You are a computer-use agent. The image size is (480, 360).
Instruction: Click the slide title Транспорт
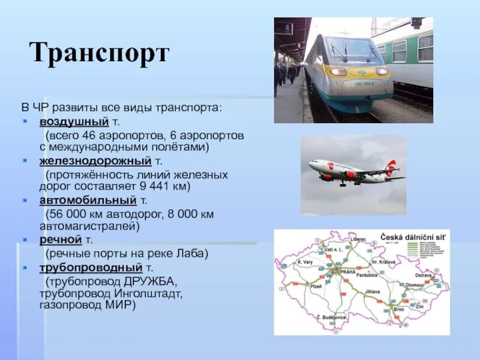[100, 53]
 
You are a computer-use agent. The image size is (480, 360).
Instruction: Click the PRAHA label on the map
[348, 272]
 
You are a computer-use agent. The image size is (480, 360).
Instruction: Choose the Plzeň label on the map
[316, 287]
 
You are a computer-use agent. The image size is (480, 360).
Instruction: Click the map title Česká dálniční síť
[413, 238]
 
